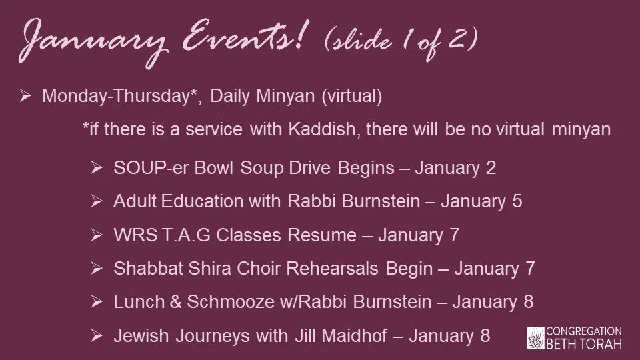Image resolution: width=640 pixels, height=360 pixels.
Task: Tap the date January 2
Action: tap(455, 167)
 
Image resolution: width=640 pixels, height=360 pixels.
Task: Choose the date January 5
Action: tap(481, 201)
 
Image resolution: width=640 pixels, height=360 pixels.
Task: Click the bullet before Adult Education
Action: tap(97, 201)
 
